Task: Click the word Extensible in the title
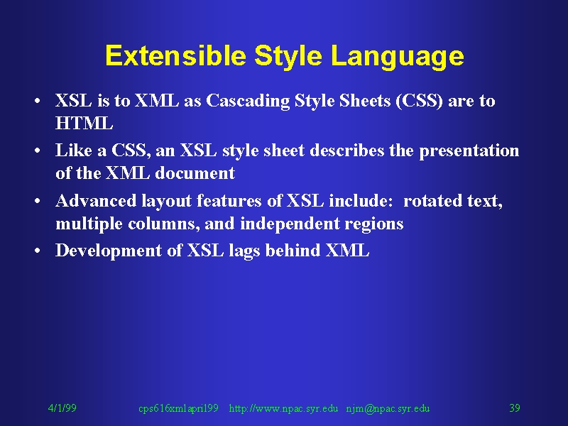(x=175, y=55)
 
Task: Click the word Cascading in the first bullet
(x=248, y=101)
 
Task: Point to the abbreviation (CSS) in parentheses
(x=419, y=101)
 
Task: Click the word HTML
(x=84, y=123)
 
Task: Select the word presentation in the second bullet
(x=469, y=151)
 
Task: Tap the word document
(x=195, y=173)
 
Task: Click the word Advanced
(x=96, y=201)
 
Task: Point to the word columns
(x=164, y=224)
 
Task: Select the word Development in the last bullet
(x=109, y=251)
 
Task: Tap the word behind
(x=293, y=251)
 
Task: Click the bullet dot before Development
(x=37, y=251)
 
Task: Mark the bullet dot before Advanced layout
(x=37, y=201)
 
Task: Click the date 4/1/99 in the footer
(x=62, y=408)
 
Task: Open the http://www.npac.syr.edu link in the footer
(x=283, y=409)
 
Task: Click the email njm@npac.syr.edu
(x=388, y=409)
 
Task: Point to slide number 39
(x=515, y=408)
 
